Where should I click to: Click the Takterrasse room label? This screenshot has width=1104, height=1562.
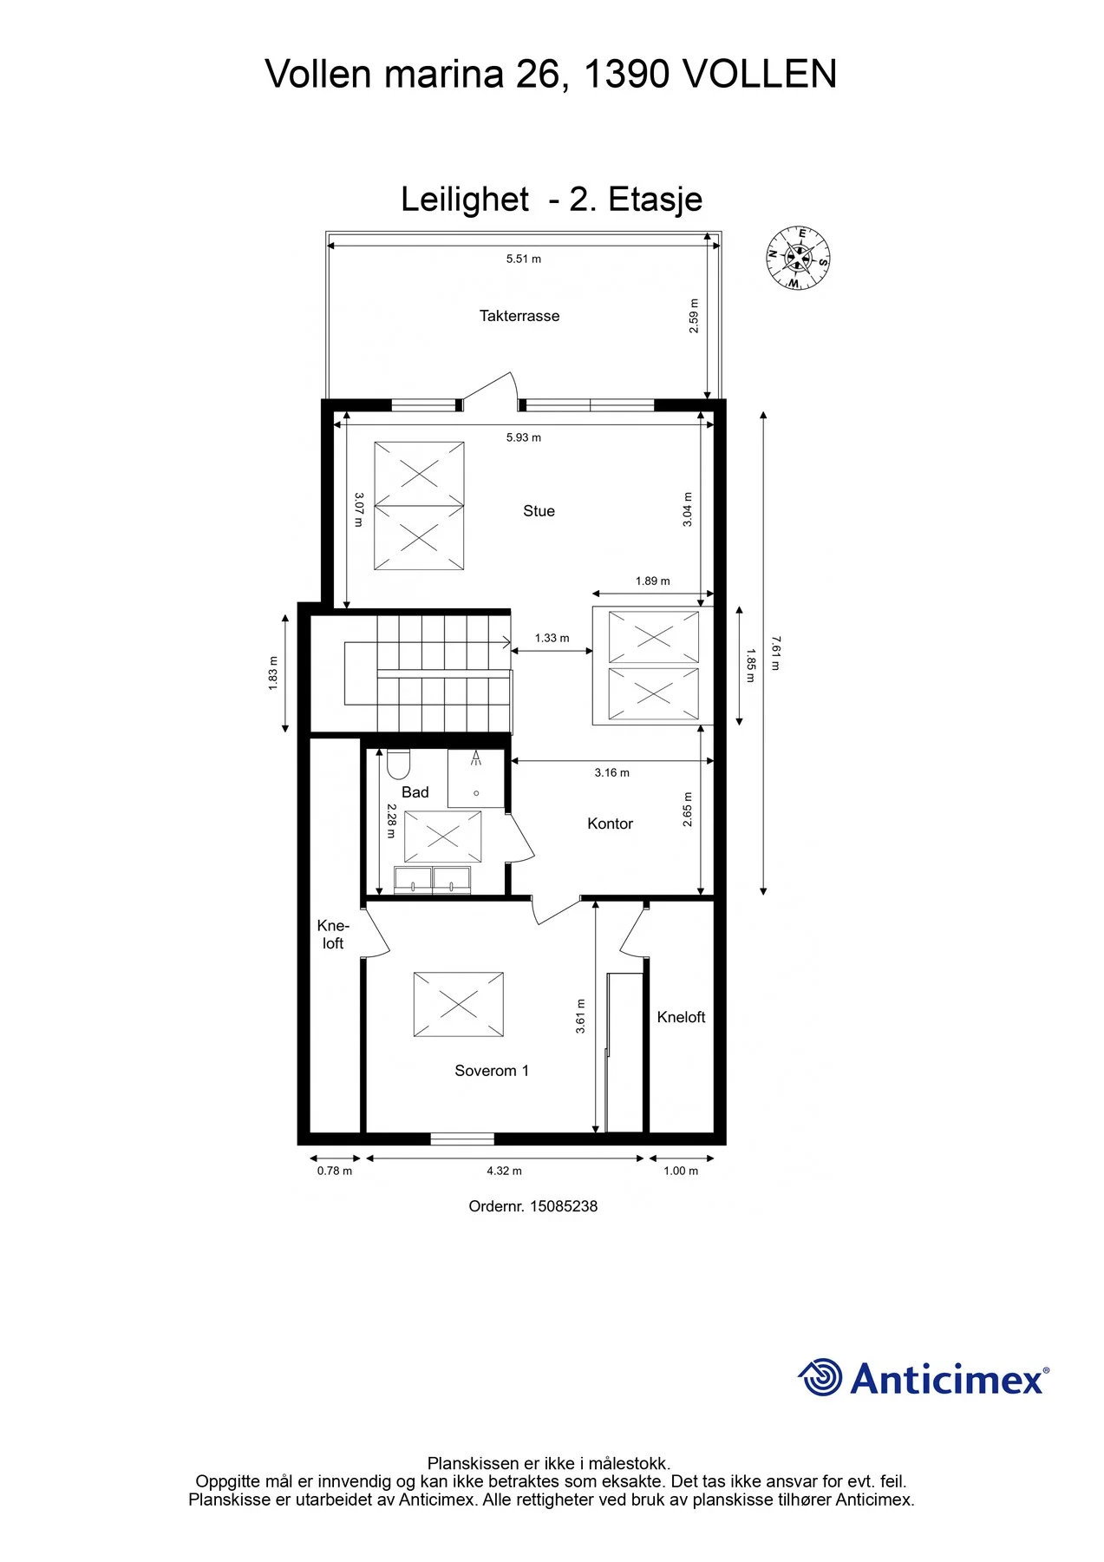tap(519, 316)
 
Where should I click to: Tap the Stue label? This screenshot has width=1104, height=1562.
tap(539, 511)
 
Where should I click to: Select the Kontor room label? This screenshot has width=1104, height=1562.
tap(611, 824)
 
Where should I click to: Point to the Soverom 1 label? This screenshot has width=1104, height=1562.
tap(492, 1071)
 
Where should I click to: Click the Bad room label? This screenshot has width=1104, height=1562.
tap(415, 792)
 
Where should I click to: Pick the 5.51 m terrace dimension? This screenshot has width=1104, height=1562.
tap(524, 259)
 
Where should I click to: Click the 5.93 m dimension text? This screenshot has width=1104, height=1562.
tap(524, 437)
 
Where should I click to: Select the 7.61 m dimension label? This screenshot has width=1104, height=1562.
tap(775, 653)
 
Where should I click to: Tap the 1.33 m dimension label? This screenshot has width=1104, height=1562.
tap(552, 638)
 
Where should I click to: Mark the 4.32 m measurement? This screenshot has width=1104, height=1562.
tap(505, 1171)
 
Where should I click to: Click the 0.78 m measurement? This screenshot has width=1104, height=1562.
tap(335, 1171)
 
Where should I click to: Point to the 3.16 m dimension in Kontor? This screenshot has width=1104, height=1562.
tap(612, 772)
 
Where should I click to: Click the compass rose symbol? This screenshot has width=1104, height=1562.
tap(799, 258)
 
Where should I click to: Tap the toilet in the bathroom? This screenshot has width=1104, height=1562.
tap(398, 765)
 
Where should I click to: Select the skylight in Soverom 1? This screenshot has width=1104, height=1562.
tap(459, 1004)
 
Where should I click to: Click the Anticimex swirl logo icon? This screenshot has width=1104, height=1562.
tap(820, 1377)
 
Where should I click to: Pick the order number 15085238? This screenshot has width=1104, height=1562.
tap(564, 1206)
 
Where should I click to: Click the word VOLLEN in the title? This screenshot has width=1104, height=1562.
tap(760, 74)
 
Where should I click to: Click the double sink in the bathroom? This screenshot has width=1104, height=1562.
tap(433, 880)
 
